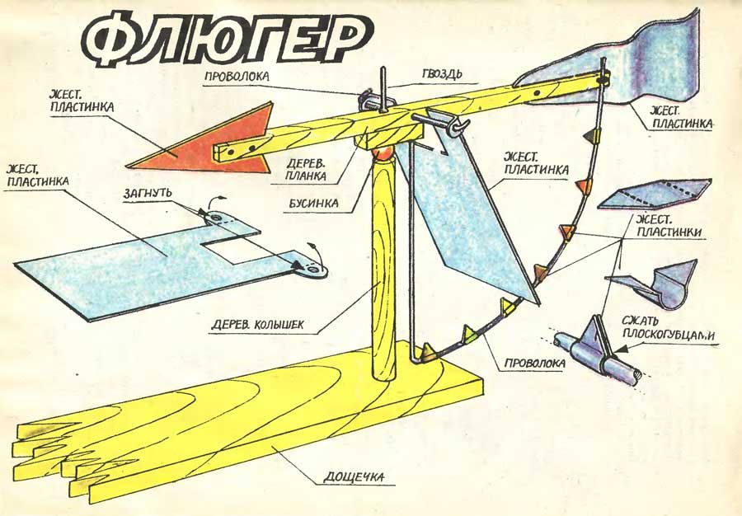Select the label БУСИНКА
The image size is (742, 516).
(x=311, y=201)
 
